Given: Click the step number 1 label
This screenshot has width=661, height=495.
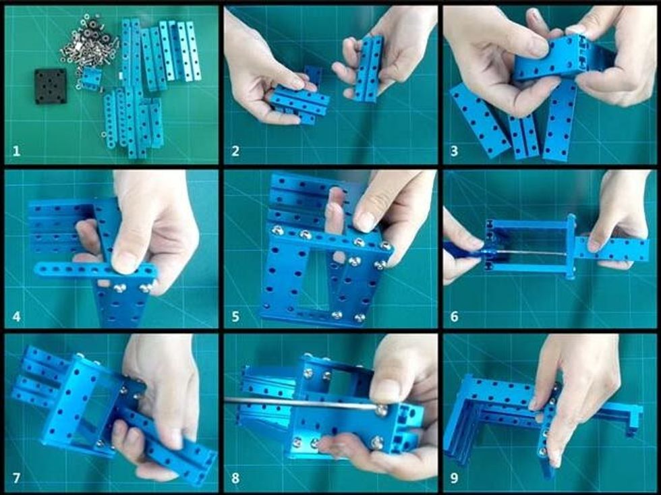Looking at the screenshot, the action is (16, 151).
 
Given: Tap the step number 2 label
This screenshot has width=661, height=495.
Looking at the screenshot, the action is (235, 151).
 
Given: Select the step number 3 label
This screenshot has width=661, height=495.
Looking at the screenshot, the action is (454, 151).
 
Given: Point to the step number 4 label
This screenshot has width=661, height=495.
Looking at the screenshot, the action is (16, 316).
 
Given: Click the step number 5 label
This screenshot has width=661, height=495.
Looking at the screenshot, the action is (235, 316).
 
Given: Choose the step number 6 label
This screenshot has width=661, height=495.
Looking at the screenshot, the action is (454, 316).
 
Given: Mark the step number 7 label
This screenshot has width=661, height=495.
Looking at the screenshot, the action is (16, 478).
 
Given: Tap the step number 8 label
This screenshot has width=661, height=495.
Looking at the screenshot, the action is (235, 478).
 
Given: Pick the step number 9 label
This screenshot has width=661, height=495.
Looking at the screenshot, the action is (454, 478).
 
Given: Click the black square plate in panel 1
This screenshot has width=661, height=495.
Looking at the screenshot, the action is (51, 86).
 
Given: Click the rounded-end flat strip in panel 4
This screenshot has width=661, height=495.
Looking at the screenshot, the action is (96, 270).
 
